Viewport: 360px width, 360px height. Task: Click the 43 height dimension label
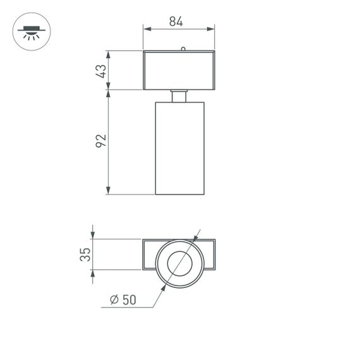pyautogui.click(x=100, y=70)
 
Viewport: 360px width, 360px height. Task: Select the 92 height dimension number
pyautogui.click(x=100, y=141)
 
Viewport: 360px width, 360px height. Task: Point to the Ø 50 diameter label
pyautogui.click(x=123, y=300)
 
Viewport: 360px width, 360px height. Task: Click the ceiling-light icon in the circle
pyautogui.click(x=31, y=31)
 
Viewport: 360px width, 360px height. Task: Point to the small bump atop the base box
pyautogui.click(x=183, y=48)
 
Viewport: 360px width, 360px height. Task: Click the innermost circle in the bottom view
pyautogui.click(x=179, y=263)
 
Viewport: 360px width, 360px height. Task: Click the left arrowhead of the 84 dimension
pyautogui.click(x=147, y=28)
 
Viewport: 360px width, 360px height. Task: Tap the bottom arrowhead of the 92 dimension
pyautogui.click(x=109, y=190)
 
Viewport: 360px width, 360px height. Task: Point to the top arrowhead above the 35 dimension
pyautogui.click(x=93, y=235)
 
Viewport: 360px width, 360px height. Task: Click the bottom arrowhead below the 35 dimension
pyautogui.click(x=93, y=273)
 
